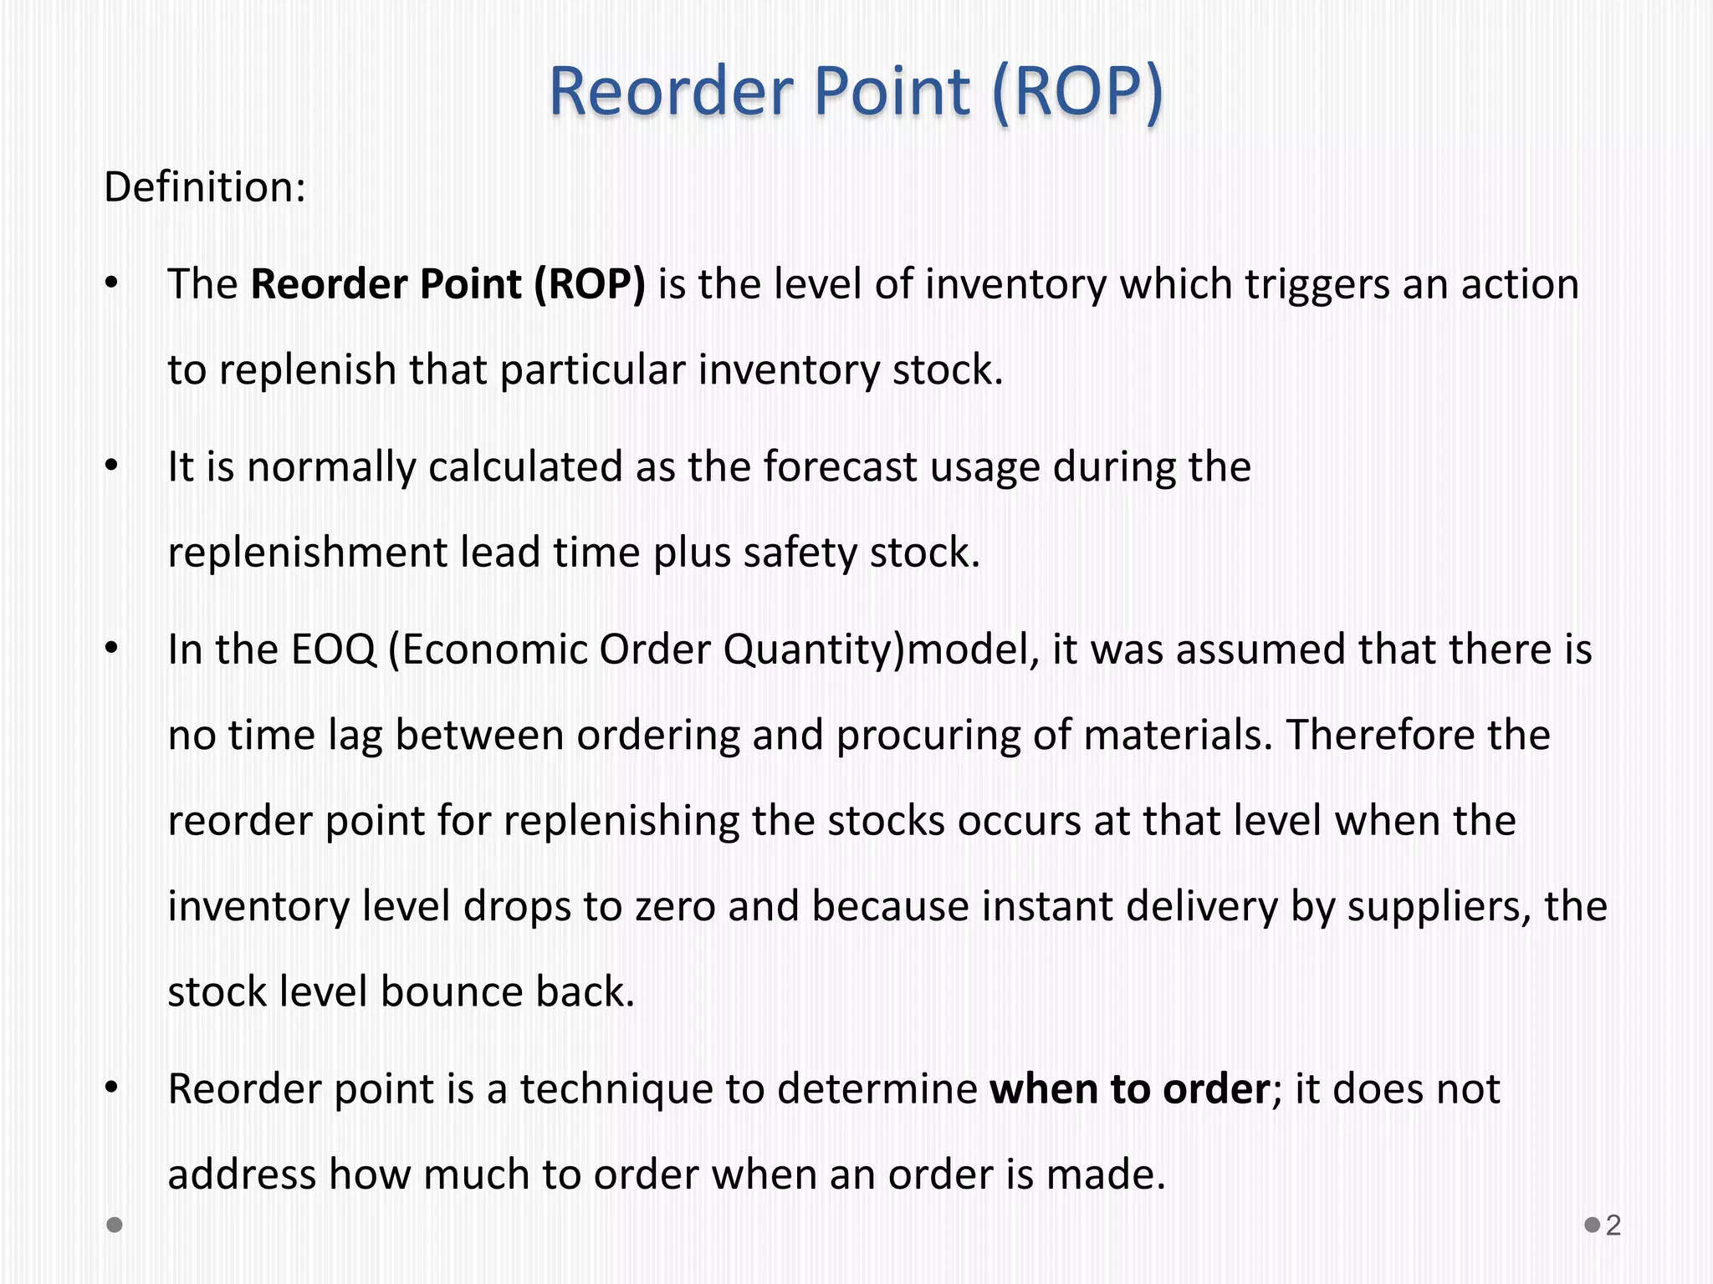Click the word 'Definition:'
click(205, 186)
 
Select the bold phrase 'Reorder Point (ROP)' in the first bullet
click(448, 284)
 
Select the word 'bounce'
click(451, 991)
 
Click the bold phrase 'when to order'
click(1129, 1088)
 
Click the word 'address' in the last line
click(242, 1174)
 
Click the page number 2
click(1613, 1225)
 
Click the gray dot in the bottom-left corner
click(115, 1225)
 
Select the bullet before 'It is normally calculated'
click(112, 466)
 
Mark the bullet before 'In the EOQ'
click(112, 650)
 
